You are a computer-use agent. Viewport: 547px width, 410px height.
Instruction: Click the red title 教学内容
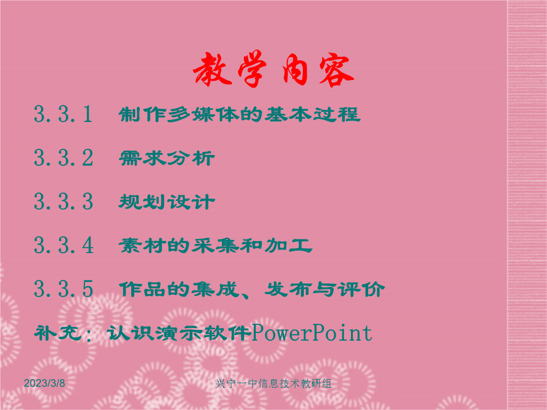pos(274,69)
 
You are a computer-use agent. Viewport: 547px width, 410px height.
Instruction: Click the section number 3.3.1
pos(63,114)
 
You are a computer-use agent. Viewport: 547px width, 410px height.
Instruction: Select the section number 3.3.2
pos(63,157)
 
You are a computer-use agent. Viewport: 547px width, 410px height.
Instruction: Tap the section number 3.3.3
pos(63,201)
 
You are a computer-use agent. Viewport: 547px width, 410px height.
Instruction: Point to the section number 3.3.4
pos(64,245)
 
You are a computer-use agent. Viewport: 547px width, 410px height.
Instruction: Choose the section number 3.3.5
pos(63,289)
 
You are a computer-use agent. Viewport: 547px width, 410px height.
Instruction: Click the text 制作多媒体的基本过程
pos(239,114)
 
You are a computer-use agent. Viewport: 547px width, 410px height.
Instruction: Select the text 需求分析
pos(167,158)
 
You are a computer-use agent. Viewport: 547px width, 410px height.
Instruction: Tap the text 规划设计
pos(167,202)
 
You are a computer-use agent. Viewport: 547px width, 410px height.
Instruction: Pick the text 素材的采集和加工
pos(215,245)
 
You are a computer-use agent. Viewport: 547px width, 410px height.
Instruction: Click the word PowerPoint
pos(312,333)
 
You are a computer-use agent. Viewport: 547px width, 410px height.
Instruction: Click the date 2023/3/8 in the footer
pos(44,383)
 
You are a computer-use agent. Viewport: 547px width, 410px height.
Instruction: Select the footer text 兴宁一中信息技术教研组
pos(273,384)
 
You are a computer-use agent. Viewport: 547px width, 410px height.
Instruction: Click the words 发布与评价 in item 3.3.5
pos(325,290)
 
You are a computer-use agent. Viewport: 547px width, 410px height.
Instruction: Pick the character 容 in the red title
pos(336,70)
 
